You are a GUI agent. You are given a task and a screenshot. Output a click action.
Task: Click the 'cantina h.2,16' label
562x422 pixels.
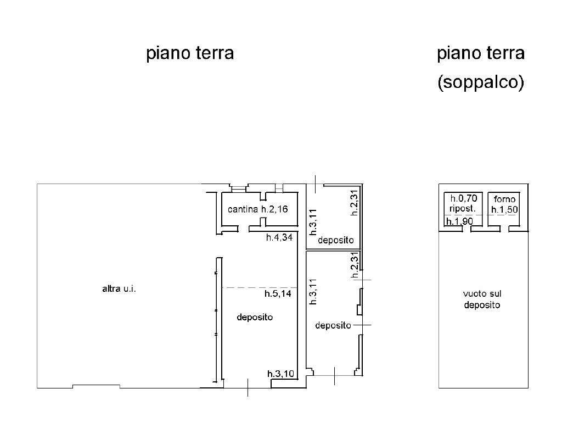pyautogui.click(x=258, y=209)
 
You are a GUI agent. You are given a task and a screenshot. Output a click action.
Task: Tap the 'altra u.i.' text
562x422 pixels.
pyautogui.click(x=119, y=288)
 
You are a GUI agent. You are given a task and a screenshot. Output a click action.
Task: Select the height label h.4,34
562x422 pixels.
pyautogui.click(x=279, y=237)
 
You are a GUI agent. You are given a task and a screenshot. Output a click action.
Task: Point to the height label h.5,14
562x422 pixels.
pyautogui.click(x=278, y=293)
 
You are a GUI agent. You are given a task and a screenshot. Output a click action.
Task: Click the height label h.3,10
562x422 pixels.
pyautogui.click(x=280, y=374)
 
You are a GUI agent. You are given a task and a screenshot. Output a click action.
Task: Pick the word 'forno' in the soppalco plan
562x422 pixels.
pyautogui.click(x=505, y=199)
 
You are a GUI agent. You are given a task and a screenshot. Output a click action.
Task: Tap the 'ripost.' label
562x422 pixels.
pyautogui.click(x=463, y=208)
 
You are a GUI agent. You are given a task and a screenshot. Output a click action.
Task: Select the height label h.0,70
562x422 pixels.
pyautogui.click(x=464, y=198)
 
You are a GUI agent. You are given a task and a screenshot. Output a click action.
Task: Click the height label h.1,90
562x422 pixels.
pyautogui.click(x=459, y=221)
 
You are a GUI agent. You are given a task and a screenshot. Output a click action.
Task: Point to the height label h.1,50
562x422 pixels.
pyautogui.click(x=505, y=209)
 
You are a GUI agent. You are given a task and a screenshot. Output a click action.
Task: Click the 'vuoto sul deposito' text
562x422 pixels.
pyautogui.click(x=482, y=299)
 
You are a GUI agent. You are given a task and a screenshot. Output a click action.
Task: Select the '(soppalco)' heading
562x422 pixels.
pyautogui.click(x=481, y=82)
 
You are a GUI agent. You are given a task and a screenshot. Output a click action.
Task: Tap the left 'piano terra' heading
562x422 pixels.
pyautogui.click(x=190, y=53)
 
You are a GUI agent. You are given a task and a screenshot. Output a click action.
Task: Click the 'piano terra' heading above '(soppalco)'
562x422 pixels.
pyautogui.click(x=481, y=53)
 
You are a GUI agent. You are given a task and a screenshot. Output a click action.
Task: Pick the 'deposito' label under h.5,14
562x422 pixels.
pyautogui.click(x=255, y=317)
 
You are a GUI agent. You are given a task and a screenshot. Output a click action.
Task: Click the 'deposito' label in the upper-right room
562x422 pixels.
pyautogui.click(x=336, y=240)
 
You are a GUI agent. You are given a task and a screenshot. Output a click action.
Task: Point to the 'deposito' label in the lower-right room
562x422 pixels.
pyautogui.click(x=333, y=325)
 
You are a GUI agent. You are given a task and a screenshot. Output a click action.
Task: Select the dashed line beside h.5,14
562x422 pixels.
pyautogui.click(x=260, y=287)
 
